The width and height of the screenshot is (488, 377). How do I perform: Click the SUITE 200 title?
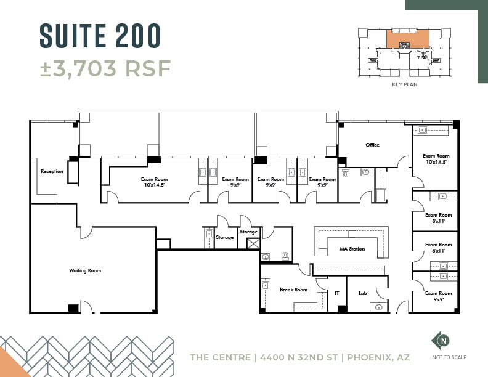coord(100,35)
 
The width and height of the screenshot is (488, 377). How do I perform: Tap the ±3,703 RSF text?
coord(105,68)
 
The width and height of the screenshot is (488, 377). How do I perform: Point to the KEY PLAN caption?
coord(404,84)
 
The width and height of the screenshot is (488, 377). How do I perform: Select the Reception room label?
coord(52,171)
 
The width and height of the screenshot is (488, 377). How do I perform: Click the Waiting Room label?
coord(85,270)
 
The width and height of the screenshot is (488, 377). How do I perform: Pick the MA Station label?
coord(352,249)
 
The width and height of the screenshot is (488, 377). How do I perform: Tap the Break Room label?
coord(293,290)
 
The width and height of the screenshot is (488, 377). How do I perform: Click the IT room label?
coord(336,293)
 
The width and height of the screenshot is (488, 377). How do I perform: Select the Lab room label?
coord(362,293)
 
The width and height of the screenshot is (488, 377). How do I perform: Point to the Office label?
coord(372,145)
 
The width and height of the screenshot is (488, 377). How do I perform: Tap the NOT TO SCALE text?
coord(450,357)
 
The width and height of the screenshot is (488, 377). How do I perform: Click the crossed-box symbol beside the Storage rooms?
coord(253,243)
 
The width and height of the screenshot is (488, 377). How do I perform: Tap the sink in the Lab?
coord(380,306)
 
